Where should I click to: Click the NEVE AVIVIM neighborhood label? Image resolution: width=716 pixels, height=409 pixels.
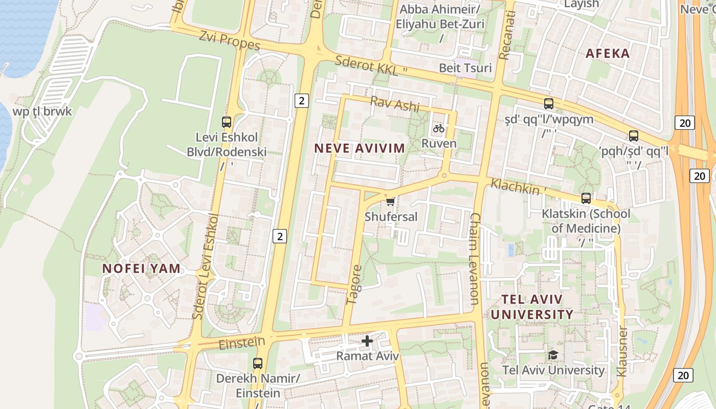359,148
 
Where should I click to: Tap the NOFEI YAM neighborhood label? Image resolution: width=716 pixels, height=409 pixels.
141,268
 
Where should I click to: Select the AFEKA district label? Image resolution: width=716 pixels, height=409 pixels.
608,53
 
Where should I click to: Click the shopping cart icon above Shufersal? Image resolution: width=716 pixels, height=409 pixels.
390,202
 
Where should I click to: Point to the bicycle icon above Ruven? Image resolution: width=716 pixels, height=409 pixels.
438,128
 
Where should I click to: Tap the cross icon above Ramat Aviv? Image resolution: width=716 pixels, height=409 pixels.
367,340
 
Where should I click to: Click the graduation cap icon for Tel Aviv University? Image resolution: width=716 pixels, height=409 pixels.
553,355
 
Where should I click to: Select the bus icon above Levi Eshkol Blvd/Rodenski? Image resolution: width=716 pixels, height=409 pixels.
227,122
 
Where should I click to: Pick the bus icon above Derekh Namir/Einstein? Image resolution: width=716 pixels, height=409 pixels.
258,363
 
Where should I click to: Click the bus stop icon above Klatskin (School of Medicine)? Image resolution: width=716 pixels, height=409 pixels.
586,198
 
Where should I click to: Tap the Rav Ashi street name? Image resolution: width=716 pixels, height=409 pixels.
395,104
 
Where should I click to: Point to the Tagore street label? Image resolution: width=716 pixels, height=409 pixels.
354,285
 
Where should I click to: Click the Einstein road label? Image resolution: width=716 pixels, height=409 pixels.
242,343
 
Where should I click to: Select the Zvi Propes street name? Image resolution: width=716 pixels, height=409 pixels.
230,40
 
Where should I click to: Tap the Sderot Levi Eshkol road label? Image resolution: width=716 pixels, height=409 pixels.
206,266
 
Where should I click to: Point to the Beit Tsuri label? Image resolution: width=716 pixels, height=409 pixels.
465,68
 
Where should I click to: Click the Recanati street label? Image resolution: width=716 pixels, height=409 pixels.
507,35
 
